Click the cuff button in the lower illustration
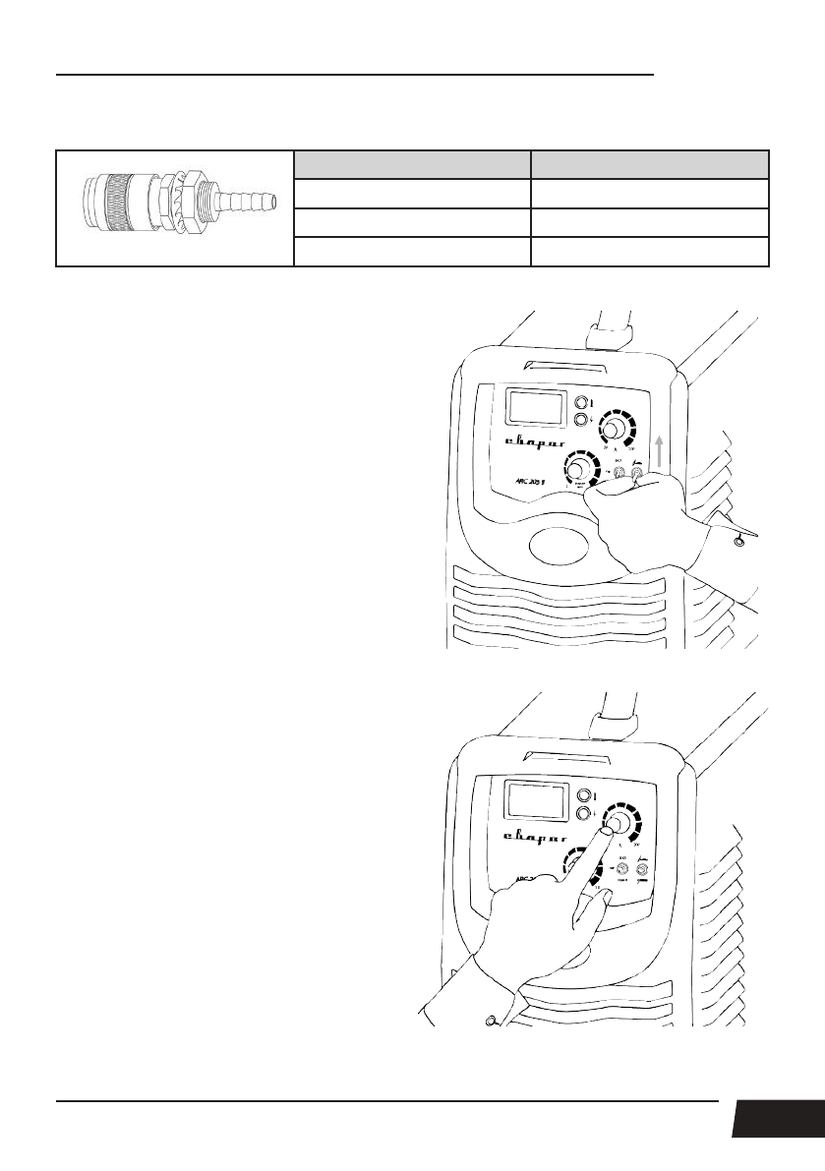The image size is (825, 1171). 489,1020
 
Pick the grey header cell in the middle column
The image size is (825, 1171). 412,164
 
